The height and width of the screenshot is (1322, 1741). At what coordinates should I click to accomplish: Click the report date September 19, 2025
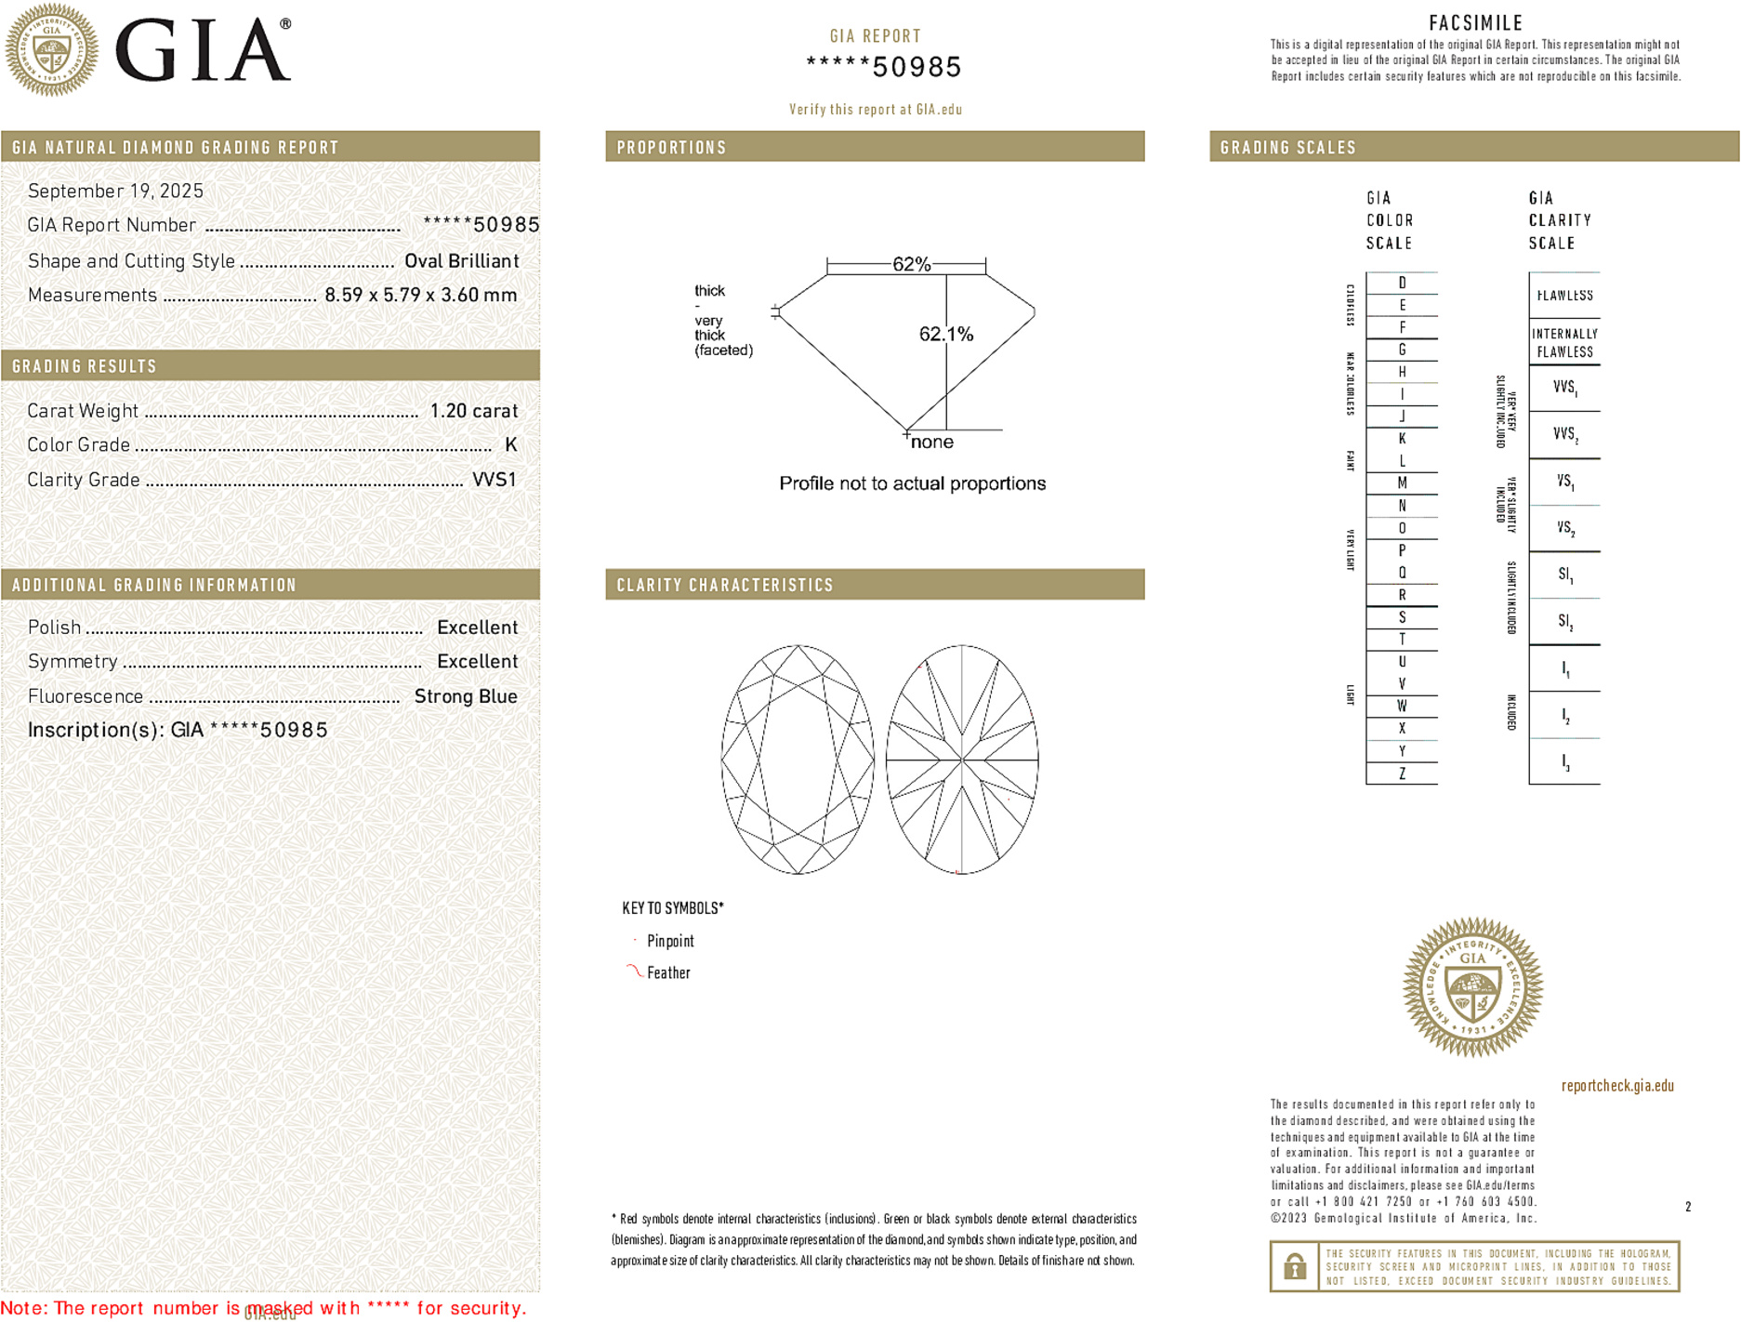(115, 191)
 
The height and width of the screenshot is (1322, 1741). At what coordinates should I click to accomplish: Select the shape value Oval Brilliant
(461, 261)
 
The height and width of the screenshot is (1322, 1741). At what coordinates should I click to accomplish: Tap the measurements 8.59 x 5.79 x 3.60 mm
(420, 296)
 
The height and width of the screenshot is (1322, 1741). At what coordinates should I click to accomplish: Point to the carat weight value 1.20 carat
(473, 411)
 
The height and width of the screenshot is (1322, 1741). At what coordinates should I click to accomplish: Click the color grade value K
(510, 445)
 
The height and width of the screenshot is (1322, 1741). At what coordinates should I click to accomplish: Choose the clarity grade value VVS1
(494, 480)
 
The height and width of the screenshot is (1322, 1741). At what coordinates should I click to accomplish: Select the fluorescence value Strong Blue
(465, 696)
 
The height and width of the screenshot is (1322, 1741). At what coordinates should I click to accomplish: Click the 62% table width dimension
(911, 264)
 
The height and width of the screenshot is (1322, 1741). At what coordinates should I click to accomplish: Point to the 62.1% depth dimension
(945, 334)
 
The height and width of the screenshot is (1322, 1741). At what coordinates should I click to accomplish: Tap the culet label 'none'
(931, 442)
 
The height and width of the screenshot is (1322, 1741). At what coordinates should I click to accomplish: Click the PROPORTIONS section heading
(671, 148)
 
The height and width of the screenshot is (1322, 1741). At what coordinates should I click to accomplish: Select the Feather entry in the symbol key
(668, 972)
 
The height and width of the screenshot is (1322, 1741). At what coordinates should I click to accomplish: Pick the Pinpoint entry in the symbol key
(670, 941)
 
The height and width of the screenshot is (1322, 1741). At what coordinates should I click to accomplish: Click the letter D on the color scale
(1402, 283)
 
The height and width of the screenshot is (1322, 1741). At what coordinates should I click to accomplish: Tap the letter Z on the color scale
(1402, 773)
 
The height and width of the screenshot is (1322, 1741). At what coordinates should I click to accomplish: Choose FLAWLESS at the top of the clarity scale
(1564, 296)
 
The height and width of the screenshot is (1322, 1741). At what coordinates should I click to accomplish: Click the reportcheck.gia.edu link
(1617, 1086)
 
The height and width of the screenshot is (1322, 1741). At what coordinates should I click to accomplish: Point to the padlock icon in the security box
(1294, 1266)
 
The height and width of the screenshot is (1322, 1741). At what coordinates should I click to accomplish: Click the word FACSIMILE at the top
(1475, 23)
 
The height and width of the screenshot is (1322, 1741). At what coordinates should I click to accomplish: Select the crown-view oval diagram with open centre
(798, 760)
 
